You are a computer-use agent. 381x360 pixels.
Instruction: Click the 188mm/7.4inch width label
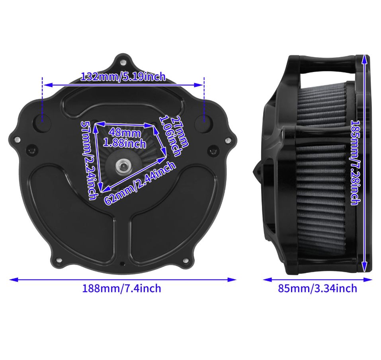click(122, 288)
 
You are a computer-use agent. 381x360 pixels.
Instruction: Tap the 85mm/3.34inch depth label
click(318, 288)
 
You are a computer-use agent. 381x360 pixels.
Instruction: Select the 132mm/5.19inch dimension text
click(123, 76)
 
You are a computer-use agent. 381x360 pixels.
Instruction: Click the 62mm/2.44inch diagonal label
click(140, 183)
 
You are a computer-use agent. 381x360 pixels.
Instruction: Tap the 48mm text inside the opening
click(125, 133)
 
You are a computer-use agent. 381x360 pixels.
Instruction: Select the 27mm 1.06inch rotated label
click(174, 136)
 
